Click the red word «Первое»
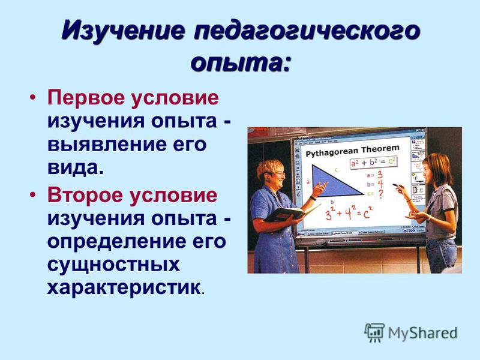point(86,98)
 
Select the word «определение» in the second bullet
point(116,242)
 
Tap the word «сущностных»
point(113,265)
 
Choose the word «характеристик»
point(124,288)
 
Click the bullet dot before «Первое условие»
point(33,97)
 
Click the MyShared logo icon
point(374,332)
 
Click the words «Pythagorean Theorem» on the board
point(352,151)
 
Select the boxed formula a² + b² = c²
point(373,162)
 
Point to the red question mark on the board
point(381,194)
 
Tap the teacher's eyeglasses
point(278,175)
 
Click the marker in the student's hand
point(398,185)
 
